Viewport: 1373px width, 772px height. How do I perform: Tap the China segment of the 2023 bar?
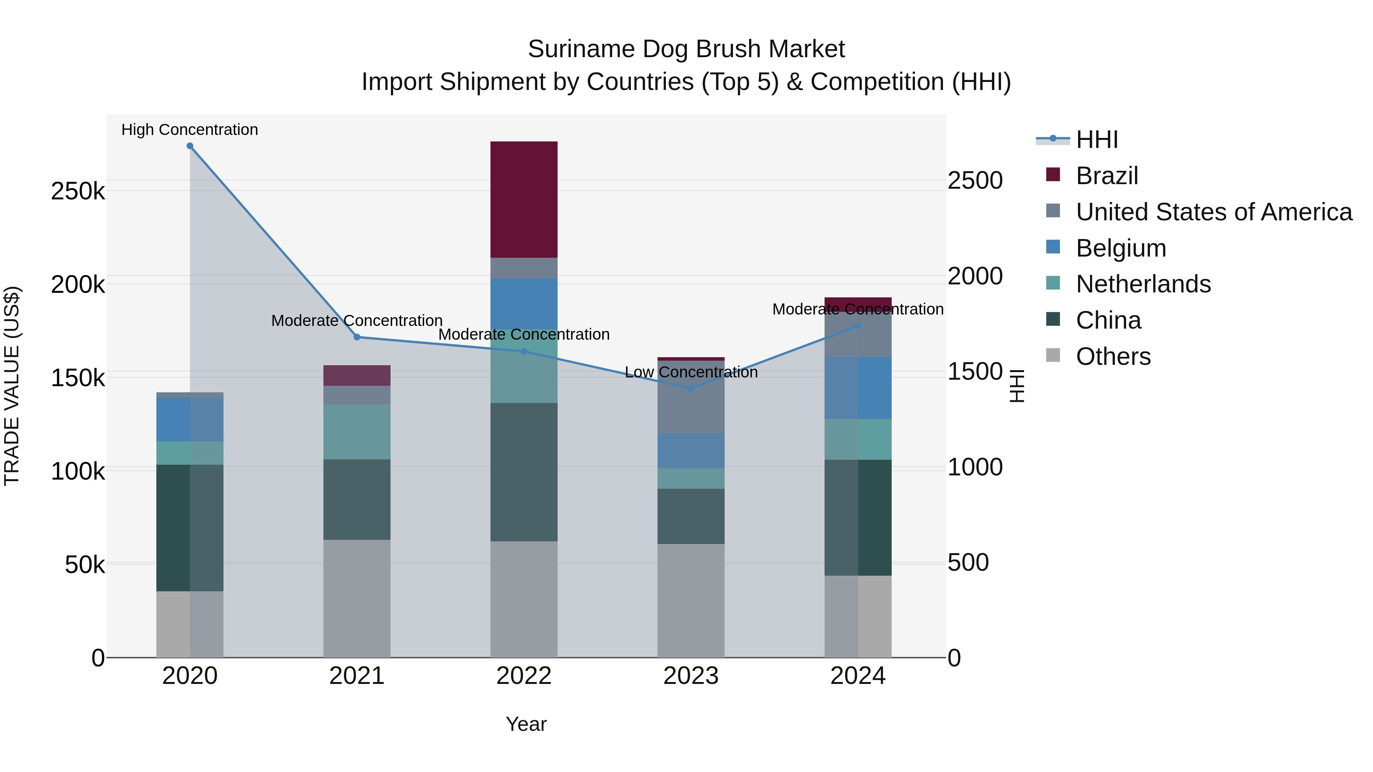click(x=691, y=516)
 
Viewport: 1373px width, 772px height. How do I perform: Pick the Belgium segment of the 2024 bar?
click(x=858, y=387)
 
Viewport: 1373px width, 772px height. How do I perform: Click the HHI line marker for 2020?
click(x=190, y=146)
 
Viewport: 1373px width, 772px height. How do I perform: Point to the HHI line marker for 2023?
click(x=691, y=388)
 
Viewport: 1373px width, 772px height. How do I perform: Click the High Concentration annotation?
click(x=190, y=130)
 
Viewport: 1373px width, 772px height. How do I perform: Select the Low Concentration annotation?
click(x=691, y=372)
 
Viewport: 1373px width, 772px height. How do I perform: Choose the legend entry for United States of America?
click(x=1214, y=212)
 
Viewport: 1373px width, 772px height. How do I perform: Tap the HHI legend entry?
click(x=1096, y=140)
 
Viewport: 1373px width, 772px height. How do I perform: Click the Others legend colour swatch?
click(x=1053, y=355)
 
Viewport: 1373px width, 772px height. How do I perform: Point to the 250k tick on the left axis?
click(x=78, y=191)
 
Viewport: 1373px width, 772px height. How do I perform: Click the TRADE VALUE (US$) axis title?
click(x=12, y=386)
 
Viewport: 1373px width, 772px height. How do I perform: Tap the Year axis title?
click(x=526, y=724)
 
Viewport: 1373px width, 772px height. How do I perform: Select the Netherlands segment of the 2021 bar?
click(x=357, y=432)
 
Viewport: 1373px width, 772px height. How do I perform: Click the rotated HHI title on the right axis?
click(x=1016, y=386)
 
